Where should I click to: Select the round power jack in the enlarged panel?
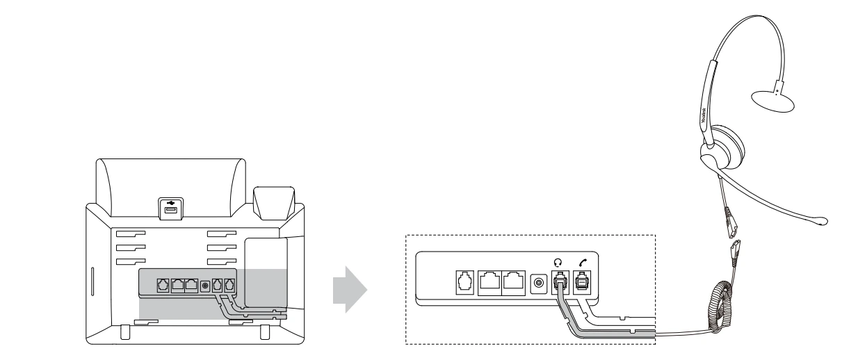point(537,283)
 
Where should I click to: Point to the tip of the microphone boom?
point(822,221)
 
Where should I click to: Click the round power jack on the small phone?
point(204,285)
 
